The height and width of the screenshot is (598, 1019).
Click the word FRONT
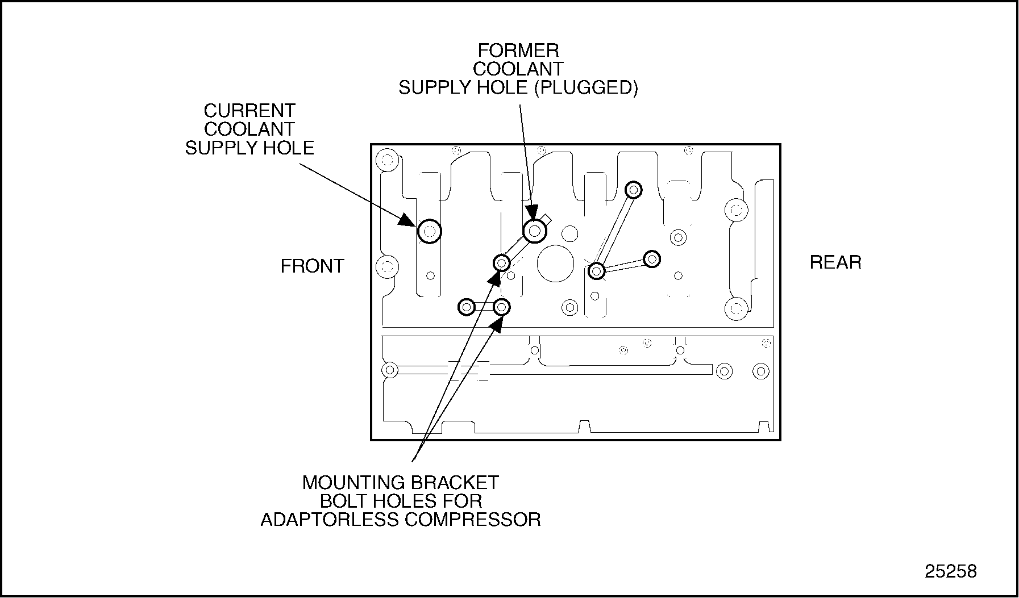point(312,266)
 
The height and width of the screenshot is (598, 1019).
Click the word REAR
point(835,262)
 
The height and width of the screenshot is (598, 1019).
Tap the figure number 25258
point(950,571)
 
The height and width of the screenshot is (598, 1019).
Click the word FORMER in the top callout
point(518,51)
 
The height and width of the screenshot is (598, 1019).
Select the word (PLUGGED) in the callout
point(586,87)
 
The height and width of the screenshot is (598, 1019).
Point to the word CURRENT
point(249,110)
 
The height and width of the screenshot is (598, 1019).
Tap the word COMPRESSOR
point(472,519)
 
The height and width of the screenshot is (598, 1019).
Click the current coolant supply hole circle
point(429,231)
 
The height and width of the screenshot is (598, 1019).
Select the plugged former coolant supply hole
point(534,231)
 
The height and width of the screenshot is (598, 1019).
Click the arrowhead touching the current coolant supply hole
point(408,220)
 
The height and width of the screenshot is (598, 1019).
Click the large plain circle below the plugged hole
point(556,264)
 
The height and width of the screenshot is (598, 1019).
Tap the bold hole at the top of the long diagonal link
point(633,190)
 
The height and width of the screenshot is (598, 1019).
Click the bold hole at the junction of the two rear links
point(596,271)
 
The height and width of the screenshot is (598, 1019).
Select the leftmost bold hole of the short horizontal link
point(466,307)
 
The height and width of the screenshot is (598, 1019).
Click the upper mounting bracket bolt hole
point(501,263)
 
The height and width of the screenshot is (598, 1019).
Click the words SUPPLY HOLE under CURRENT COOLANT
point(249,148)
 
